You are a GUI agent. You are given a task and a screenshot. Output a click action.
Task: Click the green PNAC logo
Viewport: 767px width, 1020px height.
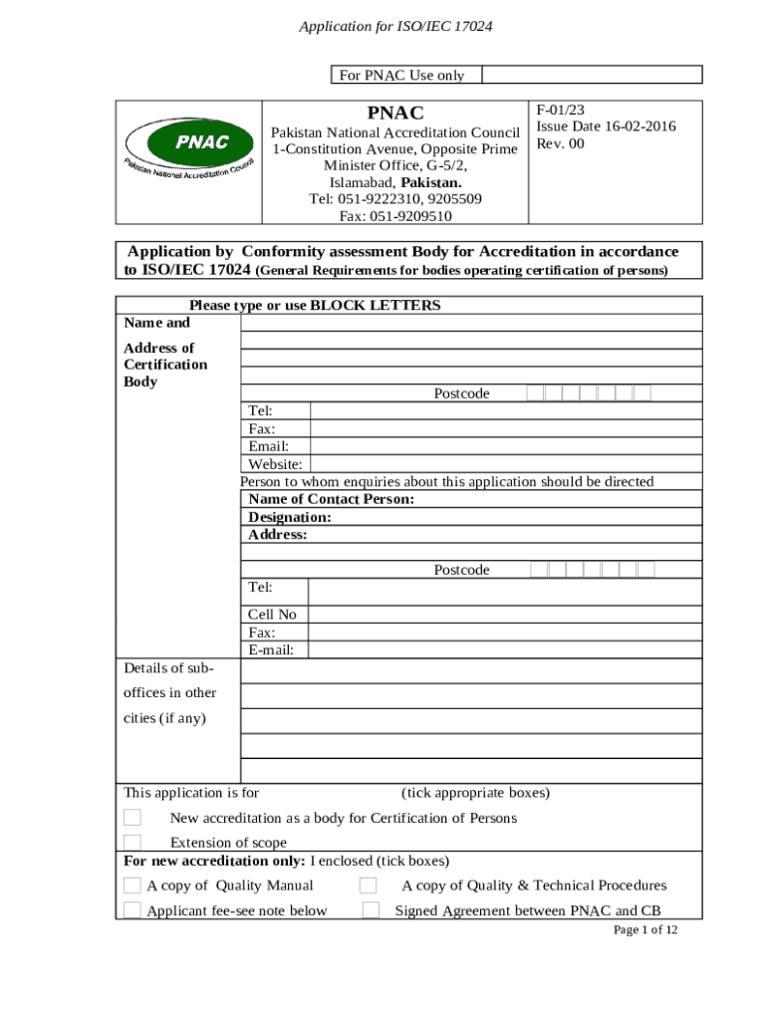188,147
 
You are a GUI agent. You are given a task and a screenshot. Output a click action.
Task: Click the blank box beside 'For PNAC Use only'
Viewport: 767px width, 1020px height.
593,75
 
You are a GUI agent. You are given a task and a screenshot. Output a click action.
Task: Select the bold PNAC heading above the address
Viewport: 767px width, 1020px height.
395,113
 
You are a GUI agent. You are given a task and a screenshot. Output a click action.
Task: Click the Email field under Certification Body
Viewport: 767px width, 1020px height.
506,446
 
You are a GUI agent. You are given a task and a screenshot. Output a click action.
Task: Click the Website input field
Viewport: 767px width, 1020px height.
506,464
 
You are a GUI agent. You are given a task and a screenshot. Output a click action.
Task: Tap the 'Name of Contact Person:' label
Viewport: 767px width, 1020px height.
332,499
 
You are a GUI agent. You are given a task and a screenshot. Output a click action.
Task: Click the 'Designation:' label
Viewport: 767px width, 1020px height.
290,517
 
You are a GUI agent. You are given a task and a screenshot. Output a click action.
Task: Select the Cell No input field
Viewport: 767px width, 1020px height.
506,615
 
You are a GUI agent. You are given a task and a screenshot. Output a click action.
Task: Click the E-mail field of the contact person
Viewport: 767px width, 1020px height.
506,650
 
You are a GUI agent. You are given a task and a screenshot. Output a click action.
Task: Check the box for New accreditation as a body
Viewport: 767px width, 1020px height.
132,818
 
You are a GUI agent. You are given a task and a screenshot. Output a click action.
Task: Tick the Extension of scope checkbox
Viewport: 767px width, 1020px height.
132,843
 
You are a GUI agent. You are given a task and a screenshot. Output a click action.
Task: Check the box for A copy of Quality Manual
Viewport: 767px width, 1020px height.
132,886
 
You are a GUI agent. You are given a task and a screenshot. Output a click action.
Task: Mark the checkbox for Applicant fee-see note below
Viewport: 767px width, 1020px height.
132,909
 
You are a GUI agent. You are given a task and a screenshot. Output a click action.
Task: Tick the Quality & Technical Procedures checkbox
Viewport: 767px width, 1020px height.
368,886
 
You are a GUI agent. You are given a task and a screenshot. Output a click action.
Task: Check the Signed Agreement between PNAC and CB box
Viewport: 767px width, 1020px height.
371,909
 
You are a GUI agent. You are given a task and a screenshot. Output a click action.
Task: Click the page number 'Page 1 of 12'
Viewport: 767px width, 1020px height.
645,930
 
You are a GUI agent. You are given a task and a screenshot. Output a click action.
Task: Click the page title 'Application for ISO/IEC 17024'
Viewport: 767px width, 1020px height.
395,26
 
